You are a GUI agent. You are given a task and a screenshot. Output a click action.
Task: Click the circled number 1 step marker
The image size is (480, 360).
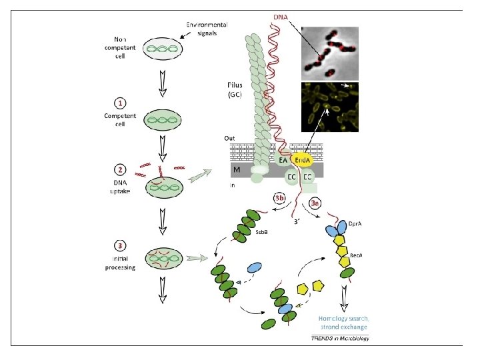coord(119,103)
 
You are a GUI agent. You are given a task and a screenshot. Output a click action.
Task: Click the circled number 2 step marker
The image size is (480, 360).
coord(119,169)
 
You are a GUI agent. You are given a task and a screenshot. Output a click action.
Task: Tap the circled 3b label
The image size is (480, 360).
coord(281,197)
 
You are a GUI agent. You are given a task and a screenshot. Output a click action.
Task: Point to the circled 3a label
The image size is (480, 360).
coord(316,202)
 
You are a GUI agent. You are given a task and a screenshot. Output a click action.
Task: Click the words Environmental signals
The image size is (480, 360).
coord(206,29)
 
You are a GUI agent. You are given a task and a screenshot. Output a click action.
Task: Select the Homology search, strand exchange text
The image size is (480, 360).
coord(343,323)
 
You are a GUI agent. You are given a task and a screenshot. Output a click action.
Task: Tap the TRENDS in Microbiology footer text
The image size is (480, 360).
coord(340,339)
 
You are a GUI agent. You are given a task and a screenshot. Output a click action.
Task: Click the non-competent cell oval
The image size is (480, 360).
coord(160,49)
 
